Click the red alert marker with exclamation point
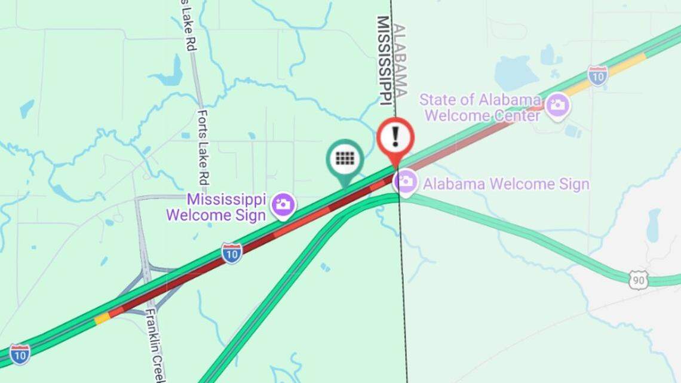(x=395, y=137)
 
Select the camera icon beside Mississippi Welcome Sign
(x=283, y=204)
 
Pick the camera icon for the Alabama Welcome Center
(x=558, y=106)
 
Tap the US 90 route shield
(x=638, y=280)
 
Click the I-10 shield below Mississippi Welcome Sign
(x=232, y=253)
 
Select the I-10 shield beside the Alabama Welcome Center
(x=597, y=75)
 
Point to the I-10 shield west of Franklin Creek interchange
(x=20, y=354)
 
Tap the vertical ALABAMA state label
(x=400, y=60)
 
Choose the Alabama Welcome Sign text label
(x=505, y=184)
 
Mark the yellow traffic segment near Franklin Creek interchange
(x=102, y=318)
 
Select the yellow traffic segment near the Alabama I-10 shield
(x=627, y=65)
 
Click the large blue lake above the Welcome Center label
(x=515, y=73)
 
